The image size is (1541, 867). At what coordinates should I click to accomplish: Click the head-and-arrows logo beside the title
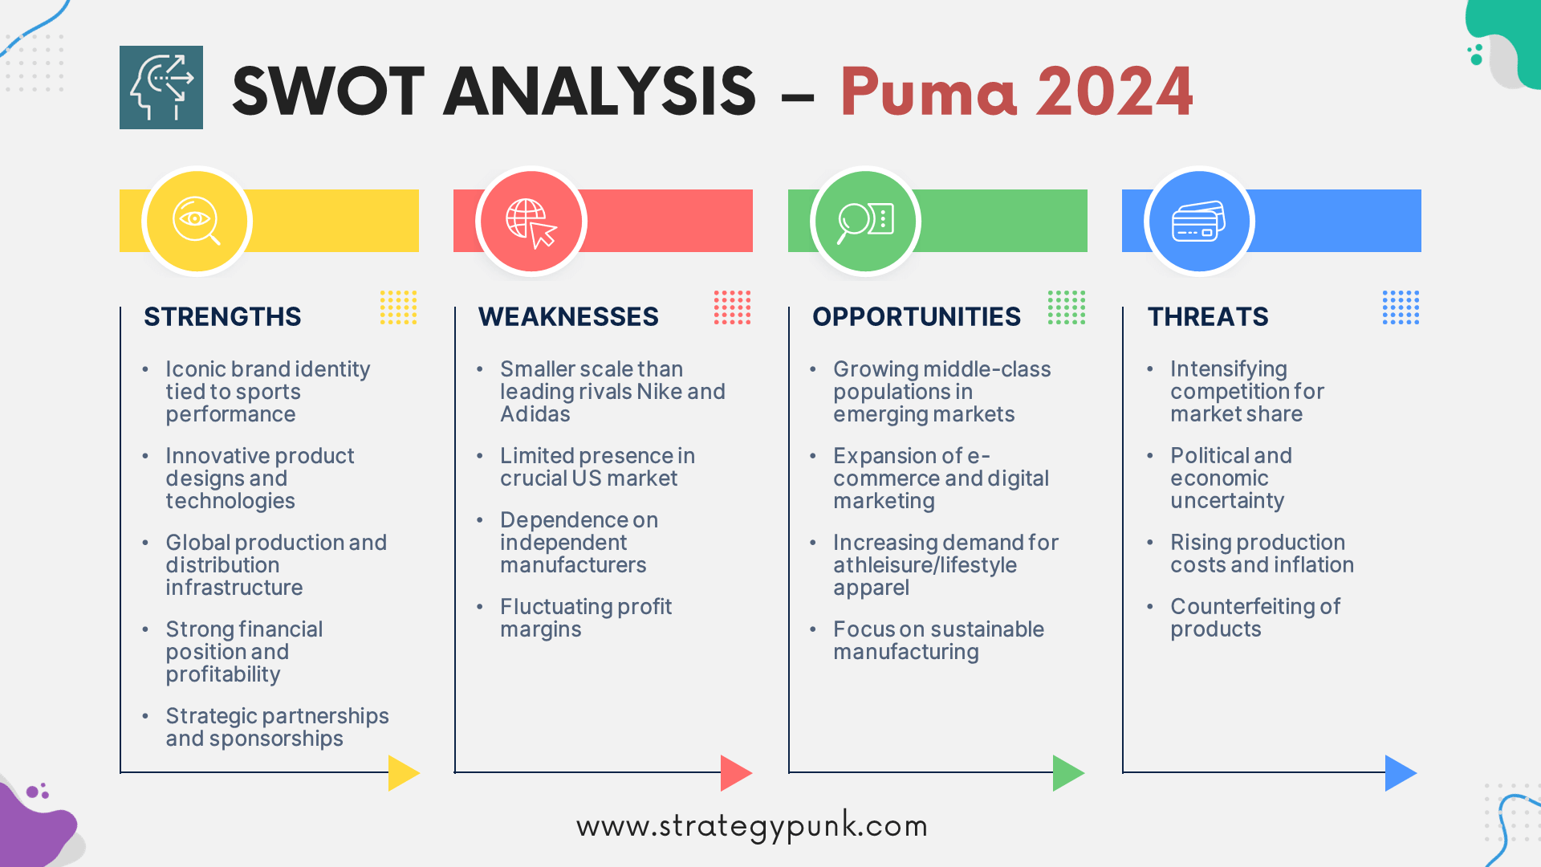[161, 88]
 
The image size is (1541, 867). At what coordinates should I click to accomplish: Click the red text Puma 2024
[1017, 92]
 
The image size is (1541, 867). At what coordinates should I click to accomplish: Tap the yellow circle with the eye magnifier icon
[197, 221]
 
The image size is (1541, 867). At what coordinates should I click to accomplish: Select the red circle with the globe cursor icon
[531, 221]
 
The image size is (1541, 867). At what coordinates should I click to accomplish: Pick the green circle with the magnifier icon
[865, 221]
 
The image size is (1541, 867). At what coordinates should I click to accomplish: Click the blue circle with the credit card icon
[1199, 221]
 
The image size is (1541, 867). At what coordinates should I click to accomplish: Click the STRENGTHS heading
[222, 317]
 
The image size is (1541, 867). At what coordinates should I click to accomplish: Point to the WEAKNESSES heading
[568, 317]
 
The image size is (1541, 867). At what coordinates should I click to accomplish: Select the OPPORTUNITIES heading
[917, 317]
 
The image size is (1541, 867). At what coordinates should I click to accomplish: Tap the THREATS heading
[1208, 317]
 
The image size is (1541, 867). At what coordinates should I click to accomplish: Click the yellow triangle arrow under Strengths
[403, 773]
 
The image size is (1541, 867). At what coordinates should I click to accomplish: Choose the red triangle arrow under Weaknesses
[736, 773]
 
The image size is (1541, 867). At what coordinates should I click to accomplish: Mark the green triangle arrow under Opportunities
[1068, 773]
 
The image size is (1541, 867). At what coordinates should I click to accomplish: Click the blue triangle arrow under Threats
[1401, 773]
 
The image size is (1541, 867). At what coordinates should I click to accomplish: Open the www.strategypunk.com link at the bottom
[752, 827]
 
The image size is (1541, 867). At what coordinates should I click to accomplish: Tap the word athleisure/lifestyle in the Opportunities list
[925, 565]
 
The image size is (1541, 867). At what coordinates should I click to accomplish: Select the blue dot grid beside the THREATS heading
[1401, 307]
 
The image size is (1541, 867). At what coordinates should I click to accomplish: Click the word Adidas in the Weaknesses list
[535, 414]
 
